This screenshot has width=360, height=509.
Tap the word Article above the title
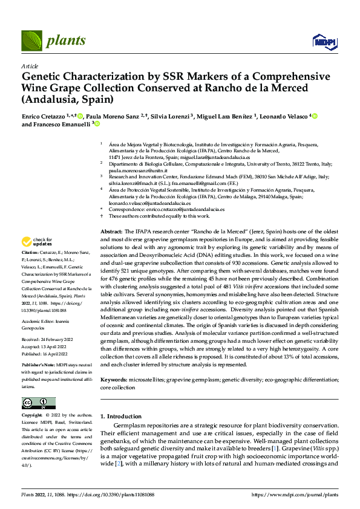tap(30, 66)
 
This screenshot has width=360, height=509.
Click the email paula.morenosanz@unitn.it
tap(132, 170)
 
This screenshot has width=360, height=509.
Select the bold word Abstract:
tap(111, 232)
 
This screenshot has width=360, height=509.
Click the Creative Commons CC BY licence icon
tap(38, 403)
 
